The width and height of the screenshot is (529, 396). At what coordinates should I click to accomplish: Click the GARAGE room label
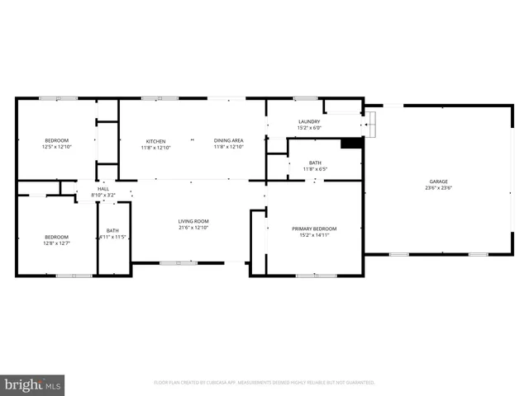(x=438, y=181)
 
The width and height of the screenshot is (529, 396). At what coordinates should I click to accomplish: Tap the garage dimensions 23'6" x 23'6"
(x=438, y=187)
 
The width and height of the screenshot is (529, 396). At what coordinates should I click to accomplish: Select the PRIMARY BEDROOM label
(x=314, y=229)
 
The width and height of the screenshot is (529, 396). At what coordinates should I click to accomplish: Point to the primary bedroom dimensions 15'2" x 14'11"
(x=314, y=235)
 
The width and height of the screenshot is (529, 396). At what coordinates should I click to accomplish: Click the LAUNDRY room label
(x=309, y=122)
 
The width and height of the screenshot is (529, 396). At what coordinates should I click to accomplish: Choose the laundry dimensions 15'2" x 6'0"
(x=309, y=129)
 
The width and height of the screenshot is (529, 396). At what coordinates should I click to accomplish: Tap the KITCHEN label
(x=156, y=141)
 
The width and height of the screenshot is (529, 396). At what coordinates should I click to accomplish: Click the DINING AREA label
(x=228, y=141)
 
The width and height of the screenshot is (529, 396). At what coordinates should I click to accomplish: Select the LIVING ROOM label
(x=193, y=221)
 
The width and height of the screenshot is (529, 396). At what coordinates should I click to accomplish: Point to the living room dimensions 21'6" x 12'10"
(x=193, y=228)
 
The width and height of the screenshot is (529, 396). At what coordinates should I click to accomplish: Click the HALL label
(x=103, y=189)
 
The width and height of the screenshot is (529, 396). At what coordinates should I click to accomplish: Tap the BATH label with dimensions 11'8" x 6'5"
(x=315, y=163)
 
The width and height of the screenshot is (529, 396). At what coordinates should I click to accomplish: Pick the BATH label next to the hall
(x=112, y=230)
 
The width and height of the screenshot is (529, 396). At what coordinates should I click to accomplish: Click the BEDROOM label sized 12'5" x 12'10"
(x=56, y=140)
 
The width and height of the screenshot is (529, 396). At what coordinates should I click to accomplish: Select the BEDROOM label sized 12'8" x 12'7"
(x=56, y=237)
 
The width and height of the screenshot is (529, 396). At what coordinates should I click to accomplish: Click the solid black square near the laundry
(x=351, y=143)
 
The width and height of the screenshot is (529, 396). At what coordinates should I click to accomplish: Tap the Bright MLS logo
(x=33, y=384)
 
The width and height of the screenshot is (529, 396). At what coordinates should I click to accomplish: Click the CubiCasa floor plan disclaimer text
(x=264, y=383)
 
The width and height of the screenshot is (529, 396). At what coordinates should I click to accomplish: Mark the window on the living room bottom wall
(x=179, y=262)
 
